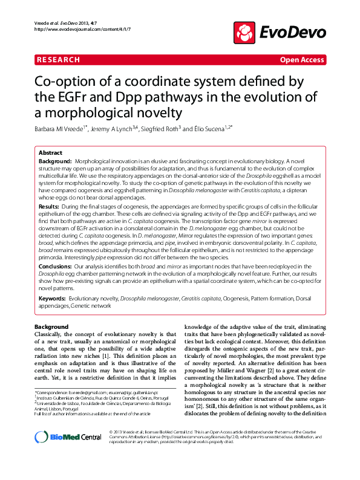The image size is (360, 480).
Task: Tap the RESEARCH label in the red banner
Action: click(x=58, y=60)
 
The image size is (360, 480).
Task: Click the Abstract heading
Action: click(x=51, y=154)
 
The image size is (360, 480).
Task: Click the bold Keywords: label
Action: click(x=53, y=299)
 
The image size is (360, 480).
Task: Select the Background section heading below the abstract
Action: click(x=51, y=327)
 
